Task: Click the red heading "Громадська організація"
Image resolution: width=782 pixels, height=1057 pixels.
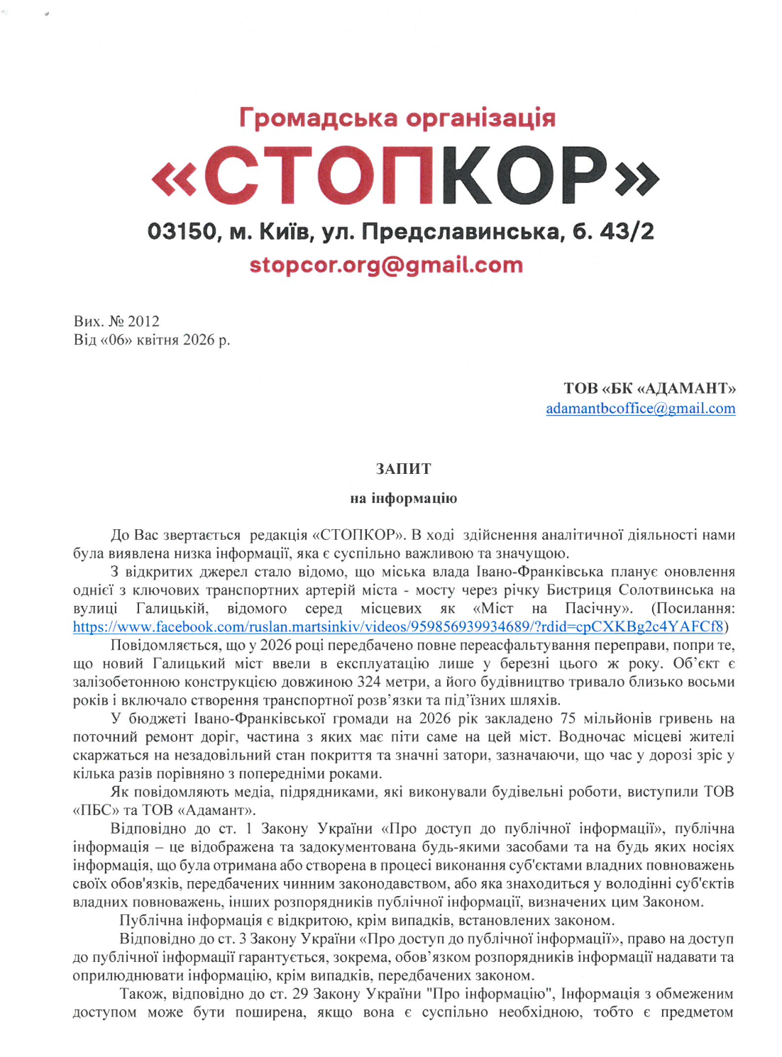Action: tap(397, 118)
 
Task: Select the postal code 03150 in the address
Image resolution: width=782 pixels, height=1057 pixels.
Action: tap(181, 231)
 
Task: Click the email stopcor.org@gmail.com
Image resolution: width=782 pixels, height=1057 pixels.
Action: tap(386, 265)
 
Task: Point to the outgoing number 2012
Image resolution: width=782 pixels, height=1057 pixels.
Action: tap(143, 321)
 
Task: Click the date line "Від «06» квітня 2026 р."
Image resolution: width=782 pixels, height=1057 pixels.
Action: tap(152, 340)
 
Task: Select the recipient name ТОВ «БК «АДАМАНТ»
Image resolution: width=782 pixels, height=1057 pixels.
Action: tap(649, 388)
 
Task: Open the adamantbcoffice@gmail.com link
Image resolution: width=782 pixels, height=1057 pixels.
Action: tap(640, 409)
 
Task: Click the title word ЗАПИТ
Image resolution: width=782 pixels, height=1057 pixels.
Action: tap(403, 469)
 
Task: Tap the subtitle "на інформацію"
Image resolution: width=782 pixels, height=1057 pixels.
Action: tap(403, 498)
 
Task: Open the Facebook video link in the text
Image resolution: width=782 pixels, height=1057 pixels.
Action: tap(398, 626)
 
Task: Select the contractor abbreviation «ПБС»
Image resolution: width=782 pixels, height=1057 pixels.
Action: tap(98, 810)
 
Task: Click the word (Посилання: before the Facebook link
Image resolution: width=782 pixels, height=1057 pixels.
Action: tap(693, 609)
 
